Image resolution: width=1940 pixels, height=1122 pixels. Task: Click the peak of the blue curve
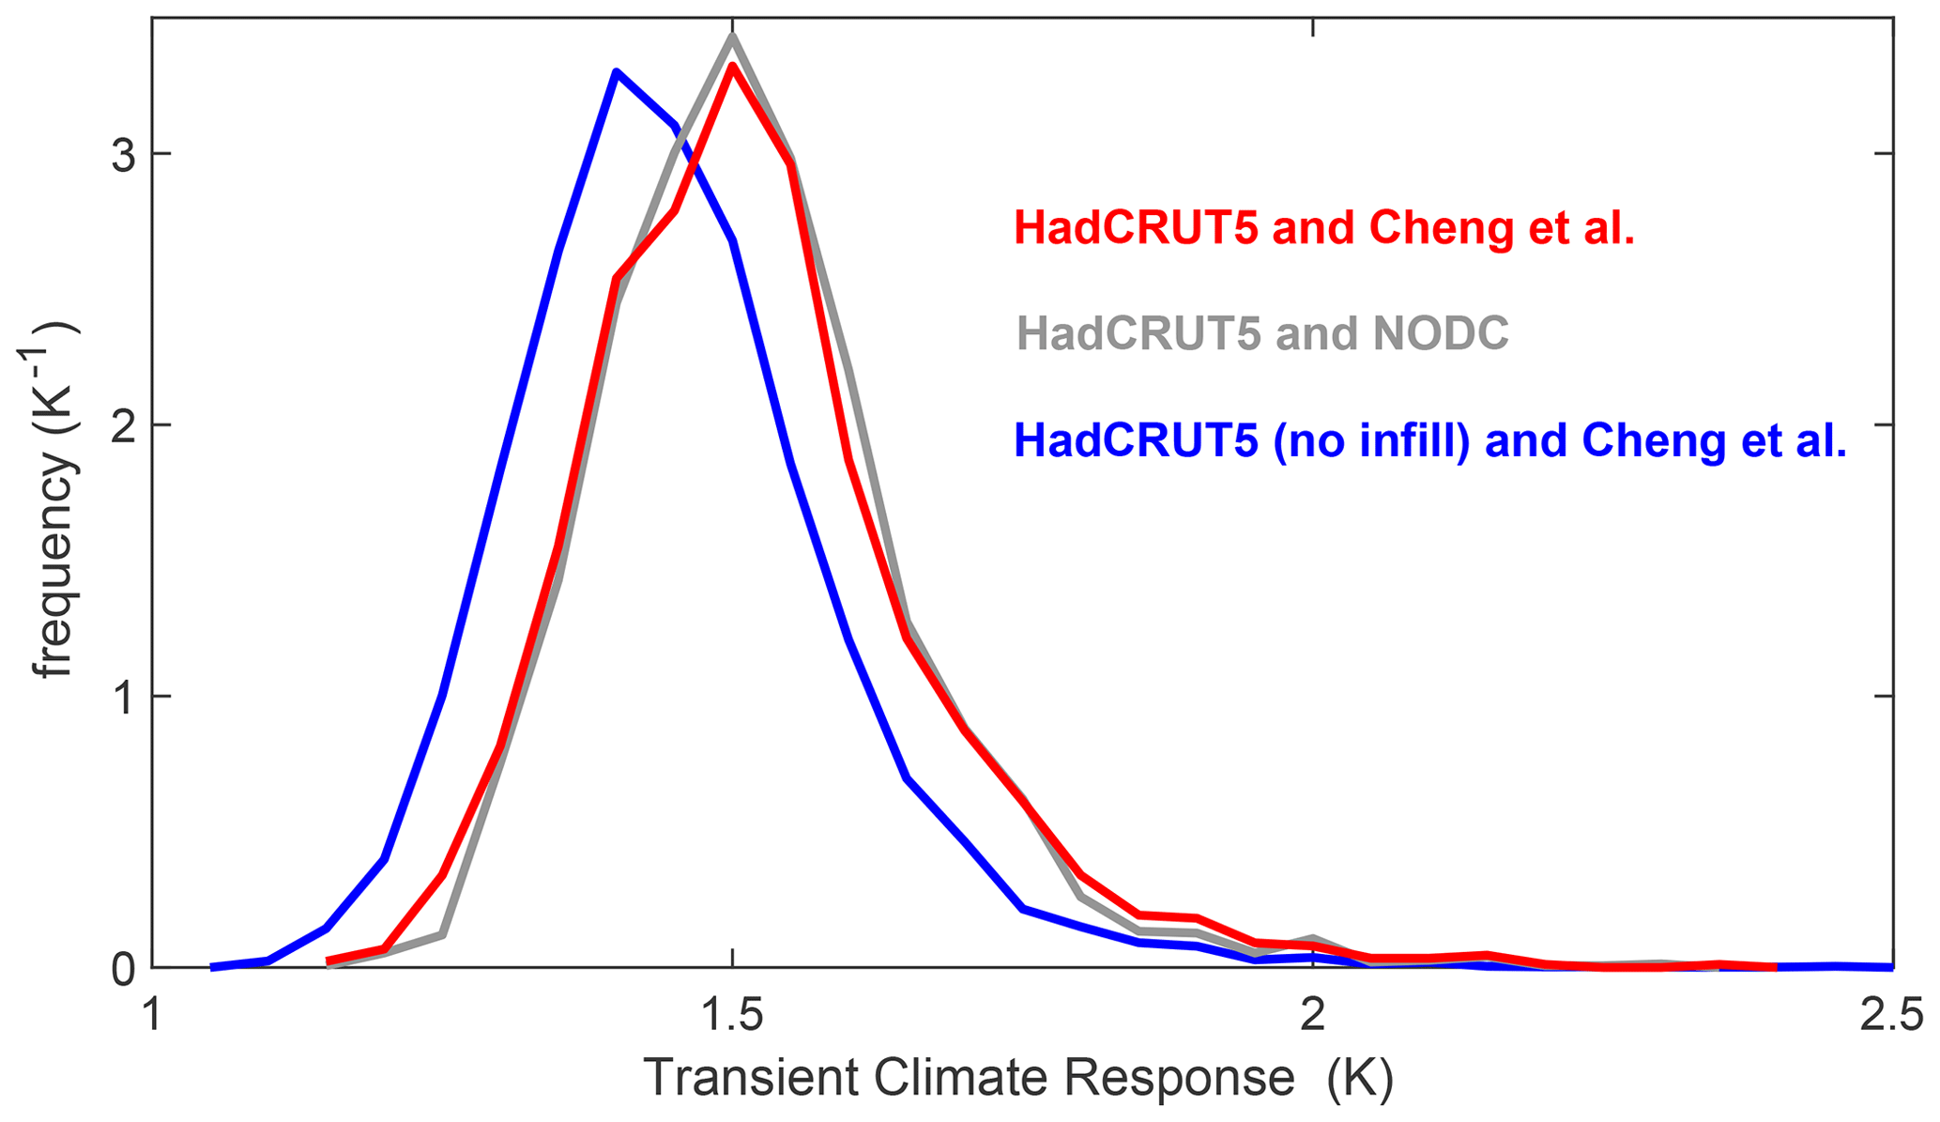click(x=616, y=72)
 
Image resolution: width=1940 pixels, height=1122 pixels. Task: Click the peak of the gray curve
click(x=732, y=37)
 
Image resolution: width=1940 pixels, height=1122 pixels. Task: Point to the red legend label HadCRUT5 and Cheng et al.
click(x=1324, y=228)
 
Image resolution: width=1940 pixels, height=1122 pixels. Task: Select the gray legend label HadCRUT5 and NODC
click(x=1262, y=333)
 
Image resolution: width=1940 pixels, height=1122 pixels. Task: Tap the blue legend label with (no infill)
click(x=1430, y=440)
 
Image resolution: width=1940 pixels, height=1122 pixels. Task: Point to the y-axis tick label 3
click(x=123, y=155)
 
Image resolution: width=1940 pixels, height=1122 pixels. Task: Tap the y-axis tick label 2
click(x=123, y=425)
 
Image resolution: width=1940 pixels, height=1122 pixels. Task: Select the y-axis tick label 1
click(x=123, y=697)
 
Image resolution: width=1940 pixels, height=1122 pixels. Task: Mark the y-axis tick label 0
click(x=123, y=969)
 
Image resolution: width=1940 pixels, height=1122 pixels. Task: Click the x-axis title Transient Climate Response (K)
click(x=1018, y=1078)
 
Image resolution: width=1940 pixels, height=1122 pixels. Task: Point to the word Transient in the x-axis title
click(x=752, y=1078)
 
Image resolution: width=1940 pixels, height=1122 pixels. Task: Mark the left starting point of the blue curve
click(x=212, y=967)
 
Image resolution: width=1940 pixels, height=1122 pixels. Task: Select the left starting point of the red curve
click(x=328, y=961)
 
